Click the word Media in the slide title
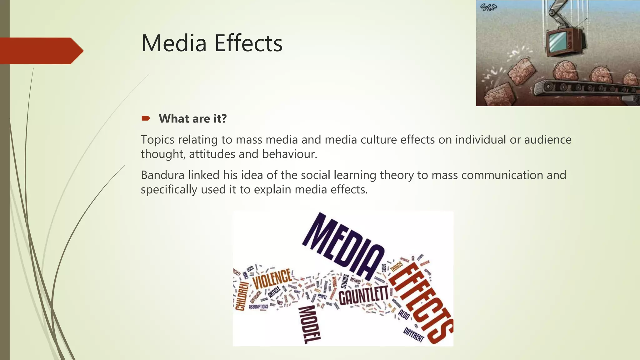click(x=174, y=43)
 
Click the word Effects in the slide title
click(x=248, y=43)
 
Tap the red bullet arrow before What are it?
click(x=146, y=118)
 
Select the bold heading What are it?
click(x=192, y=119)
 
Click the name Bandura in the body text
click(x=162, y=175)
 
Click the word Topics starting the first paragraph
click(x=157, y=140)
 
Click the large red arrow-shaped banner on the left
click(x=41, y=51)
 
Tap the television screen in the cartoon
click(x=557, y=42)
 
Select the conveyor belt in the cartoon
click(x=584, y=87)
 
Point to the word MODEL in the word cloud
click(x=309, y=325)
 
